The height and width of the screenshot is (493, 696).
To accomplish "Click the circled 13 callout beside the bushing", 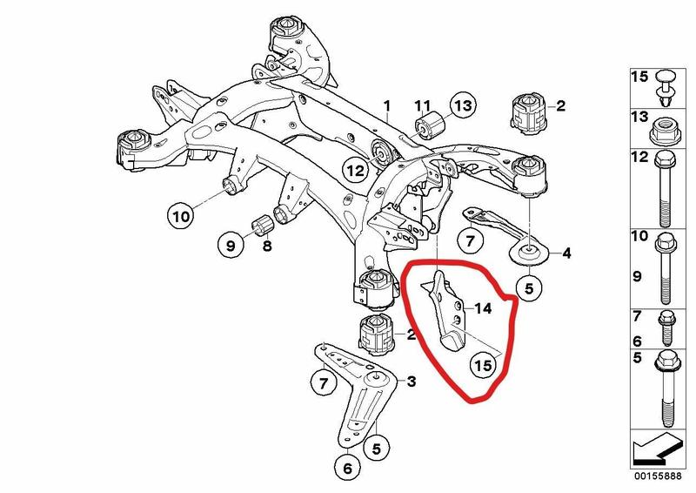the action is [463, 105].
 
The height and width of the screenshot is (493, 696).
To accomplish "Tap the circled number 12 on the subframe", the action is [355, 170].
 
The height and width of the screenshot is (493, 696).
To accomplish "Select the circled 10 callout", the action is [181, 216].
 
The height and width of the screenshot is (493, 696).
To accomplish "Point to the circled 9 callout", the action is [231, 245].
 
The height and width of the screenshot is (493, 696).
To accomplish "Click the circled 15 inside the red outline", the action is [483, 365].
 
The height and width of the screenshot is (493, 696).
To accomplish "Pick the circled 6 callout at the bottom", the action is [347, 468].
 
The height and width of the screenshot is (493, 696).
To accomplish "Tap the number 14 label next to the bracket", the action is [483, 307].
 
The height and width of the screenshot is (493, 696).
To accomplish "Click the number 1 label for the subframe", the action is [387, 105].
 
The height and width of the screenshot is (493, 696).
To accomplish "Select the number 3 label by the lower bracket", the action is [412, 382].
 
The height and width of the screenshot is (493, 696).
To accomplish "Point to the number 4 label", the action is [566, 253].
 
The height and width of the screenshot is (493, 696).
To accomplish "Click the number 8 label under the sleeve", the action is [267, 246].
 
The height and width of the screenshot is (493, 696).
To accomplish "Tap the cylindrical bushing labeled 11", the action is [431, 125].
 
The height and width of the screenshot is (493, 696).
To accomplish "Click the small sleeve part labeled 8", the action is [264, 223].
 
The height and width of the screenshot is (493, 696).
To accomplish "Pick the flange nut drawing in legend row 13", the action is [664, 131].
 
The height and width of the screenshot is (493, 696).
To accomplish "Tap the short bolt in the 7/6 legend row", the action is [666, 328].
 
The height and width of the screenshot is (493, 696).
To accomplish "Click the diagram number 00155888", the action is [658, 476].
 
